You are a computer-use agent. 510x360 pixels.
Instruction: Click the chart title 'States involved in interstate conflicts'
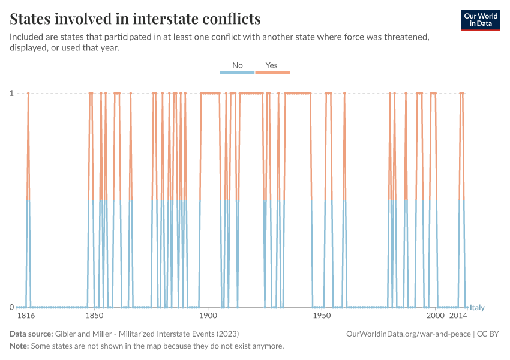point(136,19)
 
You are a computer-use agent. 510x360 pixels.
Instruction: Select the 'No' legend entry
point(238,65)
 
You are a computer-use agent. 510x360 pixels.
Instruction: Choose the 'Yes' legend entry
point(272,65)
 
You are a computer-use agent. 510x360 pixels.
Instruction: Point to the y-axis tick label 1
point(11,93)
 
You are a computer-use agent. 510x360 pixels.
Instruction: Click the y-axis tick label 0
point(11,307)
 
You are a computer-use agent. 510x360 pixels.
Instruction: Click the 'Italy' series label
point(477,308)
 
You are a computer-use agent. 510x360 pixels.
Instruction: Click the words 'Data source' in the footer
point(31,334)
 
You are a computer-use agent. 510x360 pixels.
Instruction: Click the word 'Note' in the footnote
point(19,346)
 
